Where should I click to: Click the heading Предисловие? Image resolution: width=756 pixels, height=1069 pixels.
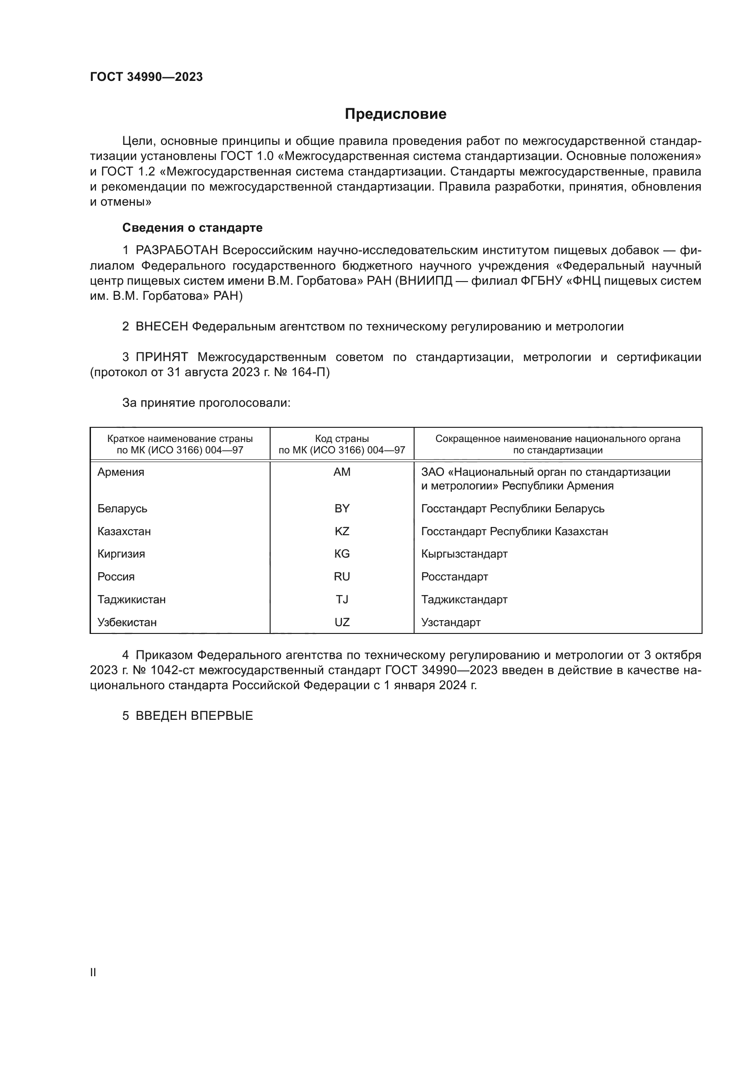[x=395, y=114]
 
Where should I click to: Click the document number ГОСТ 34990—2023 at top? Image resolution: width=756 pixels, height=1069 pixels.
[x=146, y=77]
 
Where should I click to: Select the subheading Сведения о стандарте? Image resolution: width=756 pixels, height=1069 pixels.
[x=192, y=228]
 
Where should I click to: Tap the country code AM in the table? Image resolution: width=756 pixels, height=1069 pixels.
[x=342, y=472]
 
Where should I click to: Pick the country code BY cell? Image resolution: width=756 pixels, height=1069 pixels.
[x=342, y=508]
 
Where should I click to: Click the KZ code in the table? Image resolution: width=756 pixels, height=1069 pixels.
[x=342, y=531]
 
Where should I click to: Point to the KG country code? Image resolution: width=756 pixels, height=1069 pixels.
[x=342, y=553]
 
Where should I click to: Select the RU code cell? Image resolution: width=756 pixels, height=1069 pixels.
[x=342, y=576]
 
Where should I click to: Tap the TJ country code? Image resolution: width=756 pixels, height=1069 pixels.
[x=342, y=599]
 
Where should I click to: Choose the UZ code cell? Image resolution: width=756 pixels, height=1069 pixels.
[x=342, y=622]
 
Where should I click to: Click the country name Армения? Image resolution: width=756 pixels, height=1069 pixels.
[x=121, y=472]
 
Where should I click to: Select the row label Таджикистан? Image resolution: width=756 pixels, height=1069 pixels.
[x=131, y=599]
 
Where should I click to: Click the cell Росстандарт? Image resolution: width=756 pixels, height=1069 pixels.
[x=454, y=576]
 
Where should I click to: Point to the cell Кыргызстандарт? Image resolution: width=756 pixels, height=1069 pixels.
[x=464, y=553]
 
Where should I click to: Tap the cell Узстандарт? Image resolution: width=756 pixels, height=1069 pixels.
[x=451, y=622]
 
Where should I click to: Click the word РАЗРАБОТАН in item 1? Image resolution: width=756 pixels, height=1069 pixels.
[x=177, y=250]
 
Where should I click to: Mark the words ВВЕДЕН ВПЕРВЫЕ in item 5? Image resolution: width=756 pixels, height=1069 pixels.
[x=194, y=716]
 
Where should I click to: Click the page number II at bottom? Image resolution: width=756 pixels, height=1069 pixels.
[x=93, y=972]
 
